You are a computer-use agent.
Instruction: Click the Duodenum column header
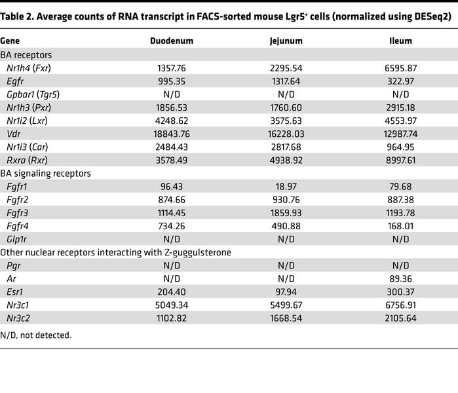point(172,40)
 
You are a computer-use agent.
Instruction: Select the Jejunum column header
point(286,40)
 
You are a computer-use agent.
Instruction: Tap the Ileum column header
point(400,40)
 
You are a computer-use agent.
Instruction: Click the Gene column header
point(10,40)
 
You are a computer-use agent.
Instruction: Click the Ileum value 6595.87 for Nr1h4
point(400,67)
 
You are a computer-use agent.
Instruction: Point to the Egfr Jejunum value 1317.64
point(286,80)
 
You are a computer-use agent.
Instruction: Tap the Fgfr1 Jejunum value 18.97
point(286,187)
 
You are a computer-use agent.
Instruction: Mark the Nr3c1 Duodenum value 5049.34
point(172,304)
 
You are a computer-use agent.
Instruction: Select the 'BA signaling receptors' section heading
point(45,173)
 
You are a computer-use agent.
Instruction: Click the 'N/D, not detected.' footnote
point(36,335)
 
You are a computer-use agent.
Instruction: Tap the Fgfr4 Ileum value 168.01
point(400,226)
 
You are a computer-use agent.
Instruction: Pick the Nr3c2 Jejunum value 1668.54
point(286,317)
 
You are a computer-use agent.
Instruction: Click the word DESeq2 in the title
point(431,17)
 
